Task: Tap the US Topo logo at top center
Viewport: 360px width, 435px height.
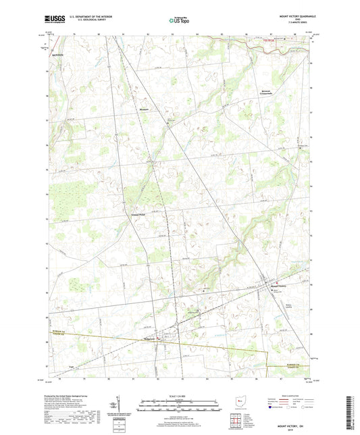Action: click(178, 21)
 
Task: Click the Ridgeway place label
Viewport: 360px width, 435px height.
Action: click(151, 338)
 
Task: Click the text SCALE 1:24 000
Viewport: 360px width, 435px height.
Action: click(180, 394)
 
